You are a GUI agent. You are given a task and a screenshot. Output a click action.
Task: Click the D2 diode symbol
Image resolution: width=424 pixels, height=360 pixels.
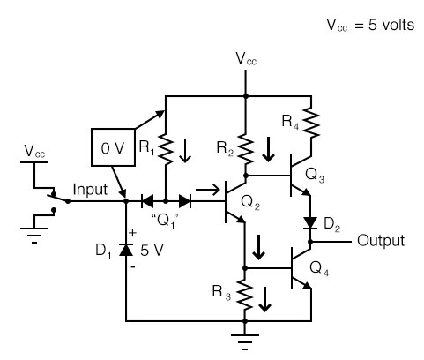[x=309, y=221]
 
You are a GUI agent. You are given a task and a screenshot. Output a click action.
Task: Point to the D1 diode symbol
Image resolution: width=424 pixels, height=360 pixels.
[x=127, y=251]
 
